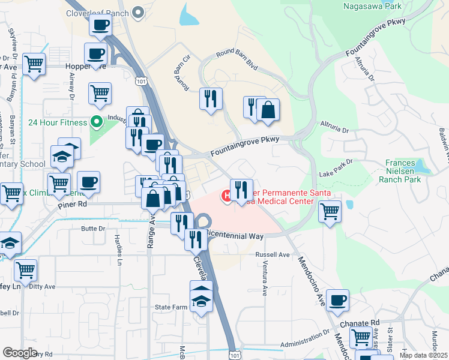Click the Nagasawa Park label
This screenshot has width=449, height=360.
click(372, 7)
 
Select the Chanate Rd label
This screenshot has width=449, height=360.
click(359, 323)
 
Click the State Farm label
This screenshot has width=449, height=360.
click(172, 307)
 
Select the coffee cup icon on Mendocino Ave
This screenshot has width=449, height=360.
click(338, 301)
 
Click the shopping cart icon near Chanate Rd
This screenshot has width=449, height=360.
click(361, 337)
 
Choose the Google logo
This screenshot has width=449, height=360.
click(20, 352)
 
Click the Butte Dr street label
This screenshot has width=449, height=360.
click(93, 229)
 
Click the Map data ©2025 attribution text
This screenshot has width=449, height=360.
click(423, 355)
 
